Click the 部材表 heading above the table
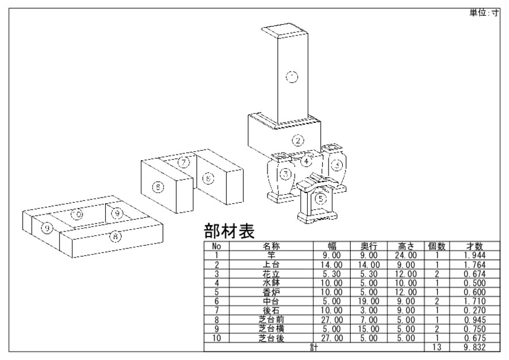tap(228, 232)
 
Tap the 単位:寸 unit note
tap(484, 13)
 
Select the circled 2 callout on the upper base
tap(298, 140)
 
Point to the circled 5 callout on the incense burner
tap(321, 198)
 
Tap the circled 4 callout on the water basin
tap(306, 161)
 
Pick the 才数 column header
tap(474, 247)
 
